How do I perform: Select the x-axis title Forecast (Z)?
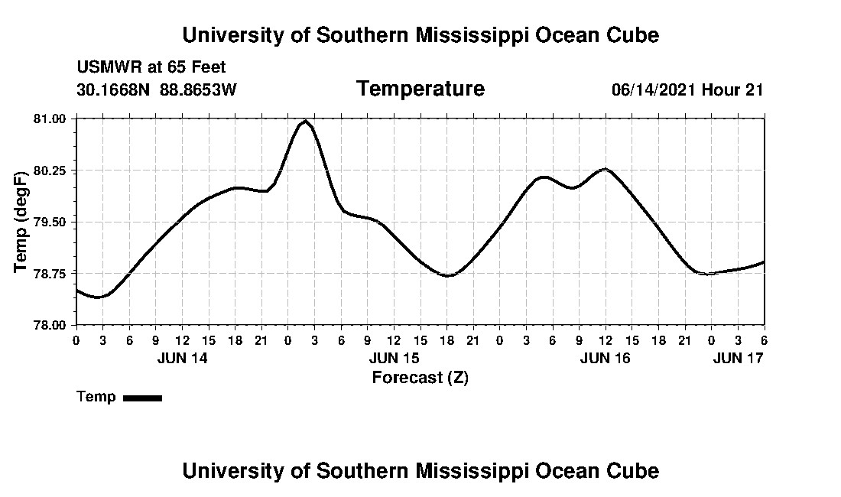point(420,377)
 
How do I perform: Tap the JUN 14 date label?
point(182,358)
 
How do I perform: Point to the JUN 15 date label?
point(394,358)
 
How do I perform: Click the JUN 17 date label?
point(738,358)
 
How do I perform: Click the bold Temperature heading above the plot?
point(420,89)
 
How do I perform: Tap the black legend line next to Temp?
point(143,398)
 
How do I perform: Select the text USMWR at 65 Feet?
point(151,67)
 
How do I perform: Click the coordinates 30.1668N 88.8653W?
point(157,89)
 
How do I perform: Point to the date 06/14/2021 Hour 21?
point(687,89)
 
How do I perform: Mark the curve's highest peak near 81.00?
point(305,121)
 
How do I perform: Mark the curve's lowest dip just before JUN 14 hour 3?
point(97,297)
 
